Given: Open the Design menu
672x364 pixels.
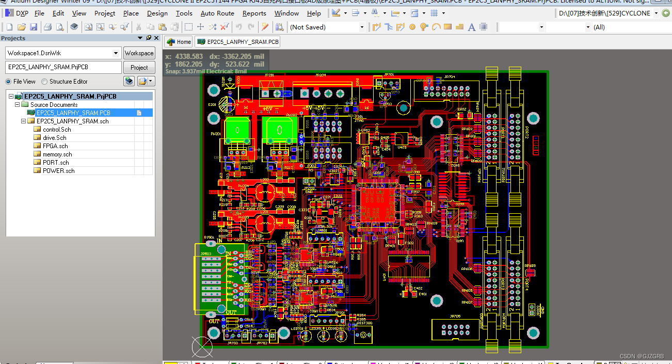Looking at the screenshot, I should [157, 13].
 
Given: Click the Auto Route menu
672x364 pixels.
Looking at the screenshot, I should [217, 13].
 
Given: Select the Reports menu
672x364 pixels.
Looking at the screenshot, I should [254, 13].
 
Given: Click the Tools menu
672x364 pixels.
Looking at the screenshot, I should [184, 13].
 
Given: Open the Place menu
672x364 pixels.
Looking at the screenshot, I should [131, 13].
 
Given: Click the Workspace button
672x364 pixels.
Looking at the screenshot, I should [139, 53].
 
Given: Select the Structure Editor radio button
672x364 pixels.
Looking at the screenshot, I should [44, 82].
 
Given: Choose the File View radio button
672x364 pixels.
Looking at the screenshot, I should [8, 82].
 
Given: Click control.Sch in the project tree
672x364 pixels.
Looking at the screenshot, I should [57, 130].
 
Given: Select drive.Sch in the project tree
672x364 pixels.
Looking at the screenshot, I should [54, 138].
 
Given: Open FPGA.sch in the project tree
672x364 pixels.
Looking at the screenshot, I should [55, 146].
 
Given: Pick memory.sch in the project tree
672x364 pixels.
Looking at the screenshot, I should [57, 154].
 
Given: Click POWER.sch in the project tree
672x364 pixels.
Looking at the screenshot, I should [58, 171].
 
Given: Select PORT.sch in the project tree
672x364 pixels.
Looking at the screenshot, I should [56, 163].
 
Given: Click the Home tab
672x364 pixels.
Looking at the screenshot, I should [179, 42].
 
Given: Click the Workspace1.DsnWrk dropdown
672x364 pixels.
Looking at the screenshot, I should [63, 53].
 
